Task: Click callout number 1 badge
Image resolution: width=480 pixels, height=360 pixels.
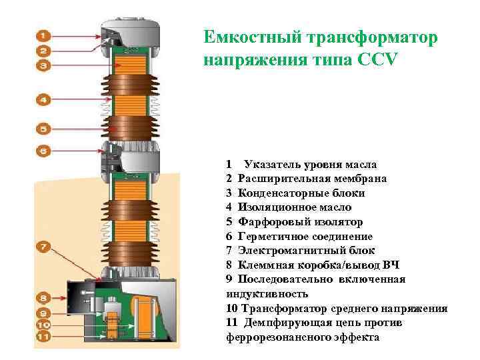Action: [x=43, y=35]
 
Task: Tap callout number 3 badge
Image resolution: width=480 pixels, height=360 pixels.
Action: [x=43, y=65]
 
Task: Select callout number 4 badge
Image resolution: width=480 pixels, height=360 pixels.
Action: [x=43, y=99]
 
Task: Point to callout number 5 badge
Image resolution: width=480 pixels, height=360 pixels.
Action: [x=43, y=127]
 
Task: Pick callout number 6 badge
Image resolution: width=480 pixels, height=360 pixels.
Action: [x=43, y=151]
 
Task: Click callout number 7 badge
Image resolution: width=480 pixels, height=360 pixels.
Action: [x=43, y=247]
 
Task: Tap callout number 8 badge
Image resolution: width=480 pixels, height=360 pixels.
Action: [x=43, y=297]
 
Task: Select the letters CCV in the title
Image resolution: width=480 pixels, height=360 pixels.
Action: [x=377, y=59]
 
